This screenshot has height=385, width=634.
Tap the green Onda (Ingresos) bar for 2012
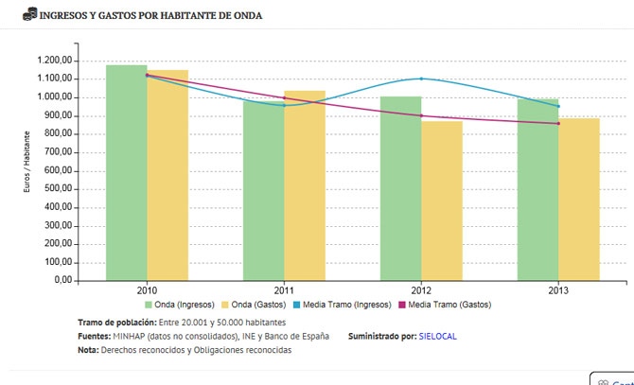(400, 188)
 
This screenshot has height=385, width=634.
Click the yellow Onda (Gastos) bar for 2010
(167, 176)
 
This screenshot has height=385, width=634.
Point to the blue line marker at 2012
(421, 79)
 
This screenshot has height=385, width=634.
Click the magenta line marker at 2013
(558, 124)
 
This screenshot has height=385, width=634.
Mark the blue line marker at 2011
(284, 105)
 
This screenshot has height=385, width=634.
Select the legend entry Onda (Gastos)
(253, 305)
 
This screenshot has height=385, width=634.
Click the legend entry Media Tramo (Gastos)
(444, 305)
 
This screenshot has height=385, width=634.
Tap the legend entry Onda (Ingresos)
(179, 305)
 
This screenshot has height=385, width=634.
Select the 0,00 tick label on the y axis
(63, 281)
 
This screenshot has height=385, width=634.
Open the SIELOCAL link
(437, 336)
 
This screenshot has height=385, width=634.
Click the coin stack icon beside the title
(29, 14)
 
